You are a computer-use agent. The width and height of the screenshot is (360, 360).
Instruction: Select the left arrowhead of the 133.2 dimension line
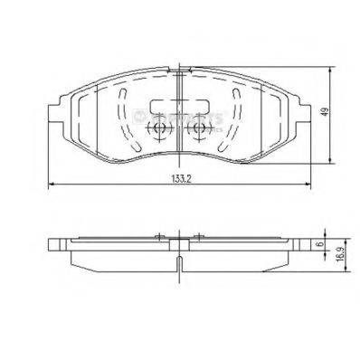(52, 187)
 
